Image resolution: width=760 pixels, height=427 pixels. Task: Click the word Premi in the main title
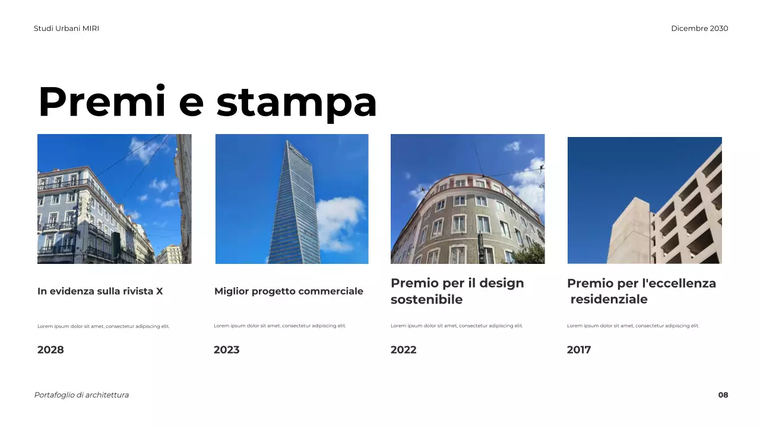tap(103, 102)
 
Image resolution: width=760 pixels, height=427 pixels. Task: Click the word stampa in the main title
tap(297, 103)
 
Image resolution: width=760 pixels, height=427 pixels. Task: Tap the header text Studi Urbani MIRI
tap(66, 28)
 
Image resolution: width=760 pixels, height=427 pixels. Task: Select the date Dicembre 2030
tap(699, 28)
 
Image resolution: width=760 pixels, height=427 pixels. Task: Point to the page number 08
tap(723, 395)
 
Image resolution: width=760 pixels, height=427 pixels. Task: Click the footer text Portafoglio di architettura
tap(81, 395)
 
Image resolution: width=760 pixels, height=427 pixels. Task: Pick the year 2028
tap(50, 350)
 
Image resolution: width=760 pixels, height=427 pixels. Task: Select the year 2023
tap(227, 350)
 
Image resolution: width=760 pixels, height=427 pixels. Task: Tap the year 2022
tap(404, 350)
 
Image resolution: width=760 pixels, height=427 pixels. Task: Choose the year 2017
tap(579, 350)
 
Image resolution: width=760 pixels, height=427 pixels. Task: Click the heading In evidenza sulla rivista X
tap(100, 291)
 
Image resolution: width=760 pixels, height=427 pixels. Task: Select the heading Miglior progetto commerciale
tap(289, 291)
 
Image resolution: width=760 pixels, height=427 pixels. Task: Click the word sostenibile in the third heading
tap(426, 299)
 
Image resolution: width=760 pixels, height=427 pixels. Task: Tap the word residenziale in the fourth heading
tap(609, 299)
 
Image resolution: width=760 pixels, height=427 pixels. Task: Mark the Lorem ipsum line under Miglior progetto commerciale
tap(280, 326)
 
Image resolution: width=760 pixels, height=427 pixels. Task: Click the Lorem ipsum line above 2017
tap(633, 326)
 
